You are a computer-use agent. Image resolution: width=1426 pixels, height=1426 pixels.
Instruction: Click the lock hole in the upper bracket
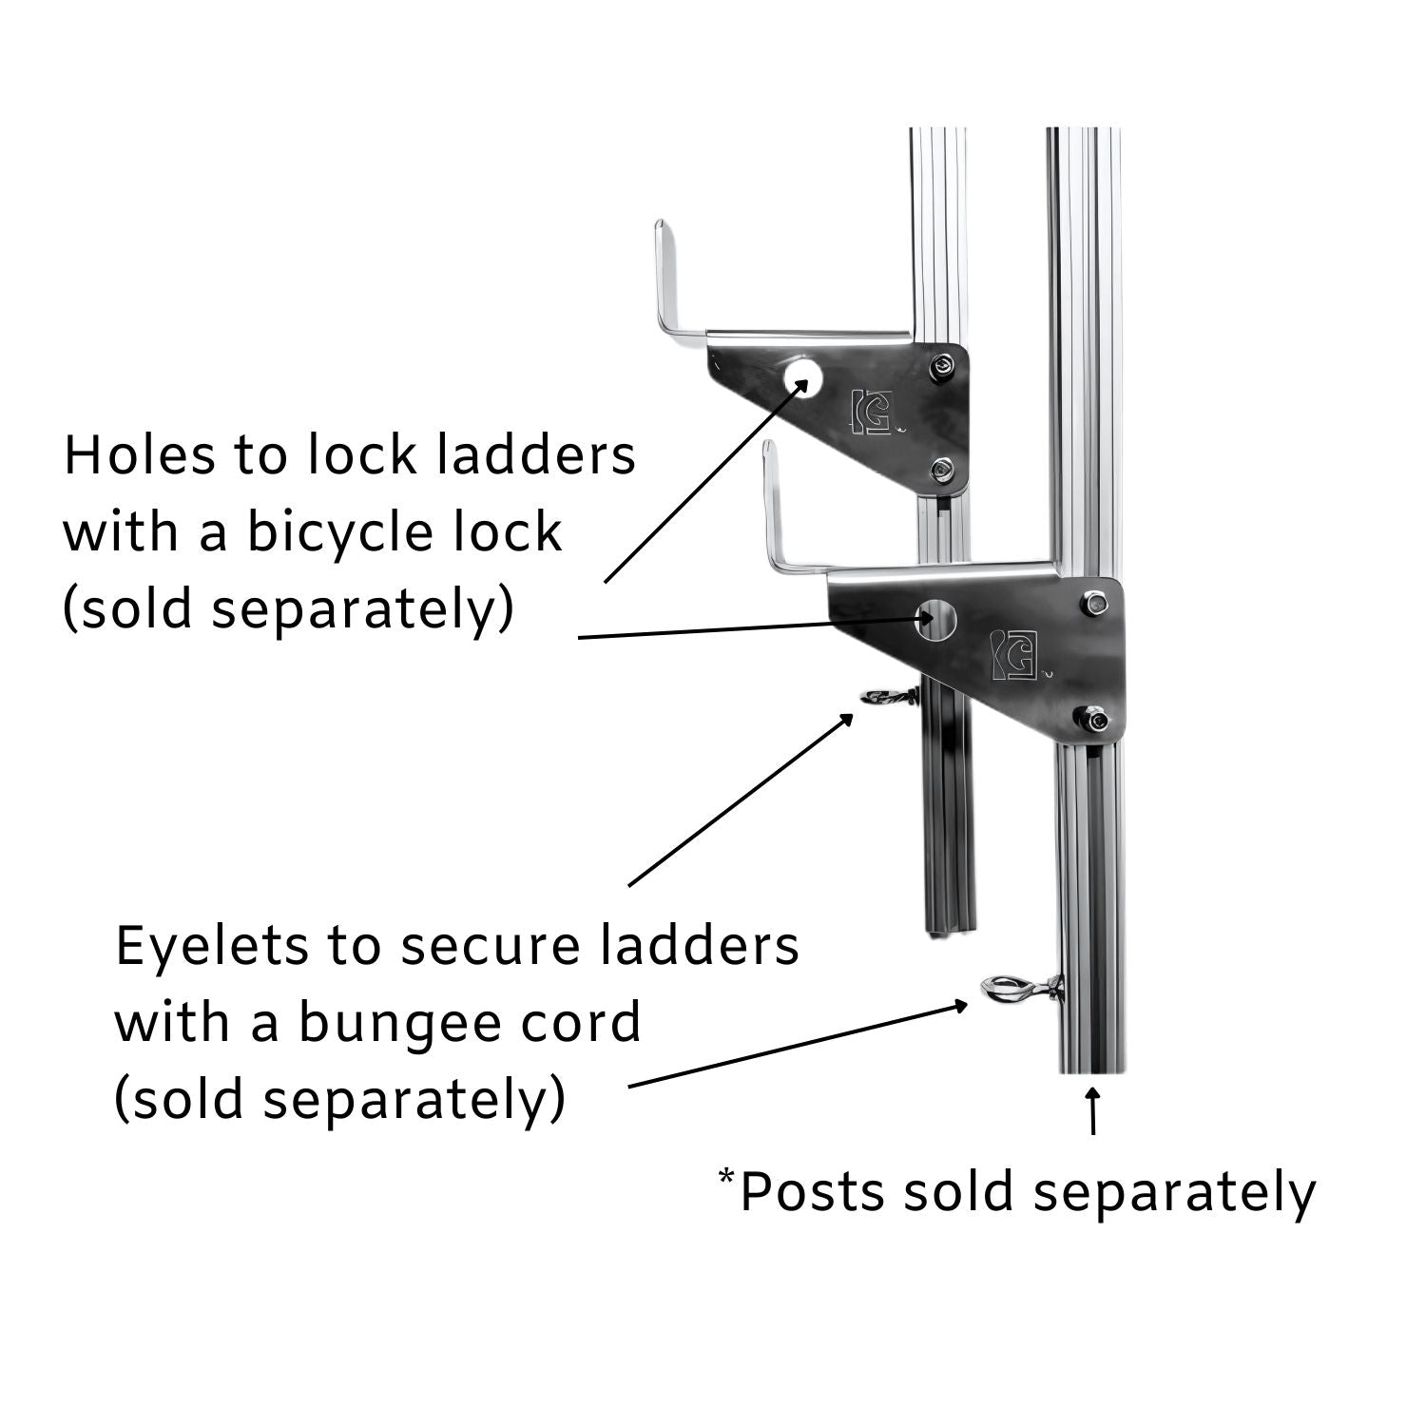tap(802, 377)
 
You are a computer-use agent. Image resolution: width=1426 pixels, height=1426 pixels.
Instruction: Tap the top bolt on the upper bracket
tap(941, 366)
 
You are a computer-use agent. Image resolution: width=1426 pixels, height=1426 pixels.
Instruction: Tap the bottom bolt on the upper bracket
tap(942, 468)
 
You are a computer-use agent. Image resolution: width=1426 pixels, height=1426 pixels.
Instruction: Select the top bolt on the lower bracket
tap(1093, 602)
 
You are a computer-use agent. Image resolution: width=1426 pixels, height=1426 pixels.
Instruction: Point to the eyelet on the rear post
tap(884, 697)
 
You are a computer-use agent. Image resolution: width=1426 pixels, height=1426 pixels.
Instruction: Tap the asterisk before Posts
tap(726, 1177)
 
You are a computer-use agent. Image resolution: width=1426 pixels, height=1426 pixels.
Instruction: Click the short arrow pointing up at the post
tap(1093, 1112)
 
